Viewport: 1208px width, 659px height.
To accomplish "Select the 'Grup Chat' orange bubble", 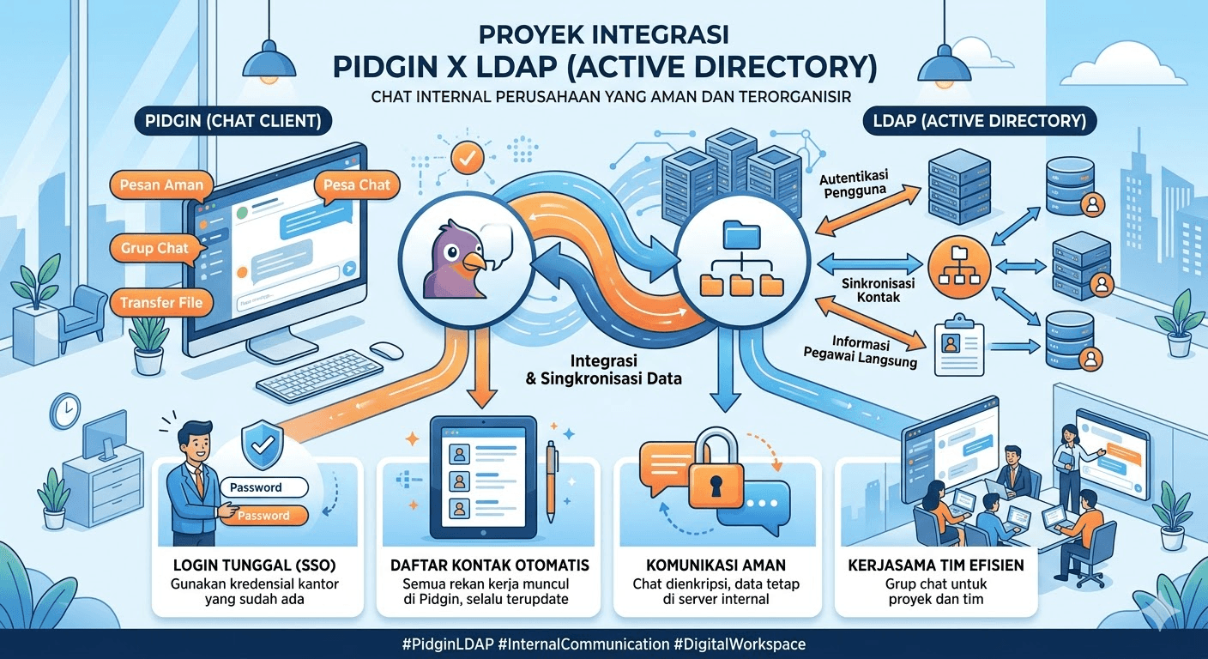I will [x=154, y=249].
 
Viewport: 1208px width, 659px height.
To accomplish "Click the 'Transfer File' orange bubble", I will [x=161, y=302].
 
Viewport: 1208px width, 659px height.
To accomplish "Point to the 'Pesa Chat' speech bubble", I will [x=357, y=184].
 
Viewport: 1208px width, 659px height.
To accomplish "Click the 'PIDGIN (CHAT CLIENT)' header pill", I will [x=233, y=122].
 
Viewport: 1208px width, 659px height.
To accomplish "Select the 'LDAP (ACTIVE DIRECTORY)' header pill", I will [x=980, y=122].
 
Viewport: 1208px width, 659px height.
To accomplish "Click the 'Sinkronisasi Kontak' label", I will [x=867, y=290].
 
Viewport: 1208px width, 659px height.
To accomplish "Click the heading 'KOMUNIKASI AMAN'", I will [x=716, y=565].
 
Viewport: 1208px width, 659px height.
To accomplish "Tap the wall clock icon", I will [x=64, y=412].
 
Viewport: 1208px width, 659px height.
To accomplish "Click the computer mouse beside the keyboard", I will [x=386, y=350].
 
